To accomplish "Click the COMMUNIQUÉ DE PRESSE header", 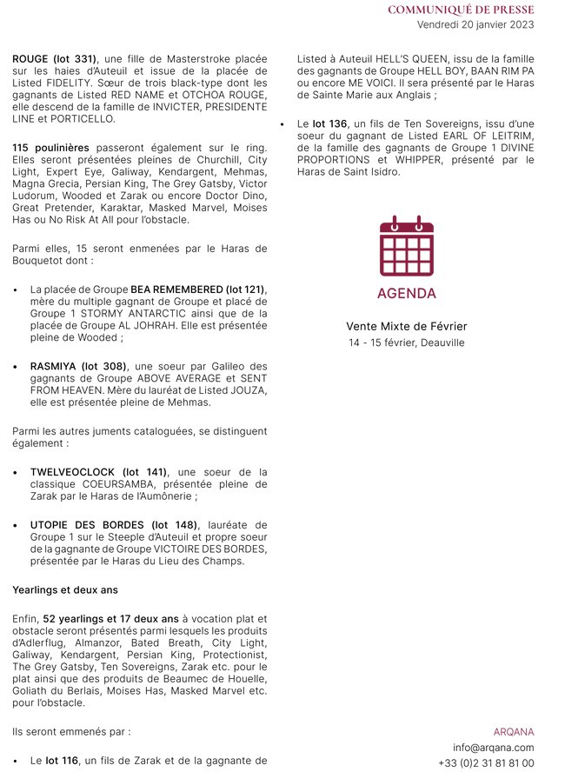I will (x=461, y=10).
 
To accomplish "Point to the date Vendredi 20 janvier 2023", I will (x=475, y=24).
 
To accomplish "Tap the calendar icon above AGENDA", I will (x=407, y=246).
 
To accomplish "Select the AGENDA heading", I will (x=407, y=294).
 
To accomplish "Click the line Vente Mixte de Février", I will (x=407, y=326).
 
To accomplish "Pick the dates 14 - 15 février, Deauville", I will (x=407, y=343).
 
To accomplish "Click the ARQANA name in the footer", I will (x=514, y=732).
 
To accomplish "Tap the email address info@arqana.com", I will (x=494, y=748).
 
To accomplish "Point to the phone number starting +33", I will (x=487, y=763).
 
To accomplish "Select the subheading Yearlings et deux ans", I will (x=64, y=589).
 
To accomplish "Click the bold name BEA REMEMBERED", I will (x=176, y=289).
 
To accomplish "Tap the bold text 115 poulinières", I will (x=51, y=149).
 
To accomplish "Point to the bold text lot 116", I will (x=63, y=761).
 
